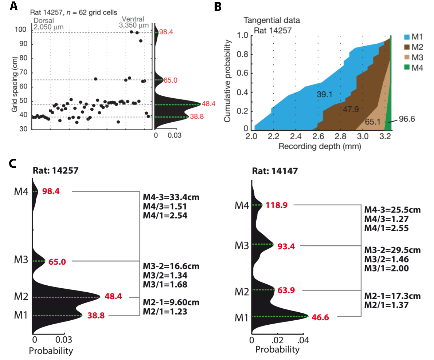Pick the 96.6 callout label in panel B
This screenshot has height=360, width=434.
[x=406, y=118]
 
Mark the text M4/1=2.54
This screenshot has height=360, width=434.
[x=165, y=215]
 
